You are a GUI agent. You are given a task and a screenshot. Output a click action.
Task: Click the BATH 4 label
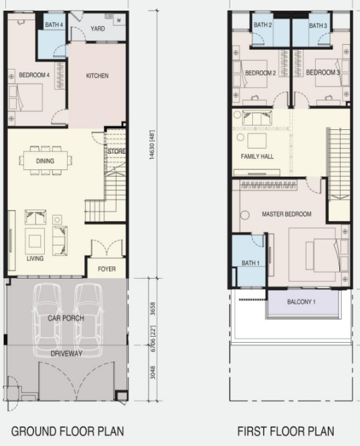click(54, 25)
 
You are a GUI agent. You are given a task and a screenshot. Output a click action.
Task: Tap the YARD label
click(98, 29)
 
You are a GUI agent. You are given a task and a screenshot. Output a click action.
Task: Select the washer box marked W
click(118, 20)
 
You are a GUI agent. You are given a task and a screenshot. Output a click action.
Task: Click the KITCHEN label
click(97, 76)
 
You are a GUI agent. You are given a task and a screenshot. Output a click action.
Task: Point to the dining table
click(46, 161)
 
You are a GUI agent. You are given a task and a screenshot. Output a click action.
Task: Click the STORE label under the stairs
click(116, 151)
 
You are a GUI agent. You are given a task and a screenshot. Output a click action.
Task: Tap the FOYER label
click(107, 269)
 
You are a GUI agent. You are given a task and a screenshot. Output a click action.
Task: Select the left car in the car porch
click(47, 320)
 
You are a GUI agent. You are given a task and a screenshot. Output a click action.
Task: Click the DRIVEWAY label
click(66, 354)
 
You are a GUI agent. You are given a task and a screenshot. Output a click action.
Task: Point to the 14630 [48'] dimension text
click(153, 145)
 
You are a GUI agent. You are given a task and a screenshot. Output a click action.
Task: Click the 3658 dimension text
click(153, 309)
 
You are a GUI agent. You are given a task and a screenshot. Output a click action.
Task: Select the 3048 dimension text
click(153, 372)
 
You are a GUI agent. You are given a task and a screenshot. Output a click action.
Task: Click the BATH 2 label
click(262, 25)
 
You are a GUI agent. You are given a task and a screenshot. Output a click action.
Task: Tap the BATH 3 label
click(318, 25)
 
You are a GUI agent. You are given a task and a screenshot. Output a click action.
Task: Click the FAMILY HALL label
click(257, 156)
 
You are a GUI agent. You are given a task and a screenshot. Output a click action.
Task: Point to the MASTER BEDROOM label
click(286, 214)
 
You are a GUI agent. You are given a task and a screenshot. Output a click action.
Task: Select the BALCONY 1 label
click(301, 302)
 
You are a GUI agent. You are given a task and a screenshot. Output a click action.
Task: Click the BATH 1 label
click(250, 263)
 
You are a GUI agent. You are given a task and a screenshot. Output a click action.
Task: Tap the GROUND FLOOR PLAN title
click(68, 431)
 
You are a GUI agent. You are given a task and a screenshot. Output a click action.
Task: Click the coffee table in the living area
click(35, 242)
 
